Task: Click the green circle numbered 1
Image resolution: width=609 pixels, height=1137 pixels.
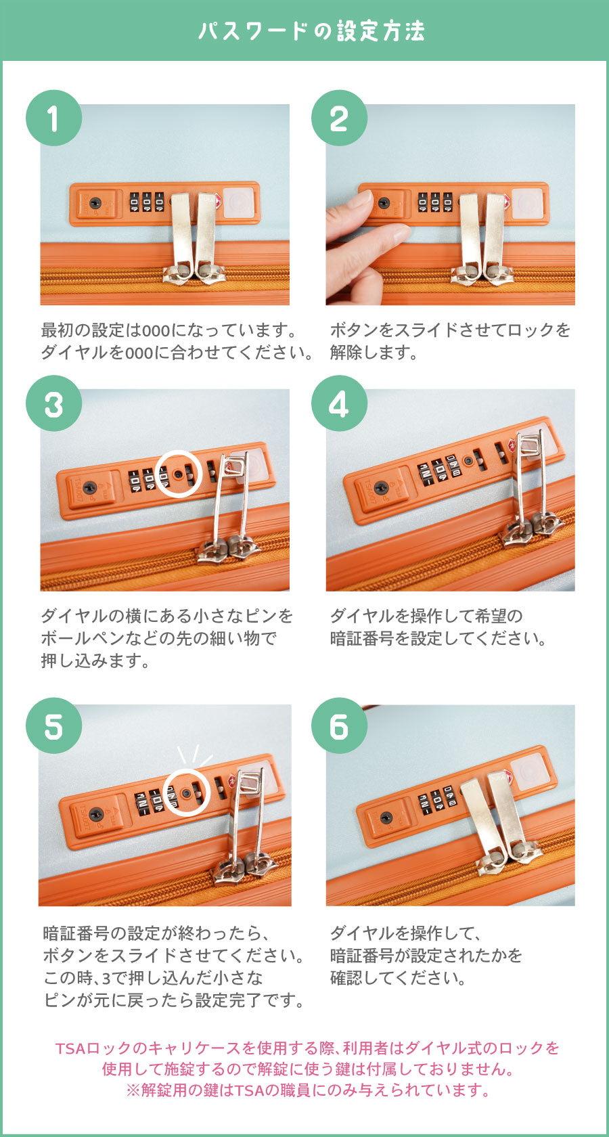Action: tap(54, 118)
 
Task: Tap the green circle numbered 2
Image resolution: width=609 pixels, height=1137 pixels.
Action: tap(339, 118)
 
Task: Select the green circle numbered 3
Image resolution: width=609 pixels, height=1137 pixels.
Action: tap(54, 403)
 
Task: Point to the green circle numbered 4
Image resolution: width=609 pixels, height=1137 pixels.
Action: tap(339, 403)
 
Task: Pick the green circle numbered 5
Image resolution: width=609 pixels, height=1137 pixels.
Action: tap(54, 726)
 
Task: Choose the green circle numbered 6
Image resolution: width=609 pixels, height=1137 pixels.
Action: tap(339, 726)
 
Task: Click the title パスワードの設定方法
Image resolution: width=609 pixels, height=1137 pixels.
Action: tap(311, 31)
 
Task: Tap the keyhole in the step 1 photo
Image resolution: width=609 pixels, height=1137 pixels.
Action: tap(95, 203)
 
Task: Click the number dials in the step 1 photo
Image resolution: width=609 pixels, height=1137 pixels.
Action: tap(146, 201)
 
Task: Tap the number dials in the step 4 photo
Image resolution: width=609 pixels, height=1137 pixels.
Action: tap(440, 468)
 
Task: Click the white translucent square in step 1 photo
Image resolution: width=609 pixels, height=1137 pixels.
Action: tap(238, 202)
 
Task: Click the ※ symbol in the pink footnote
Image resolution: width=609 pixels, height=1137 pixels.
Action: tap(133, 1090)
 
